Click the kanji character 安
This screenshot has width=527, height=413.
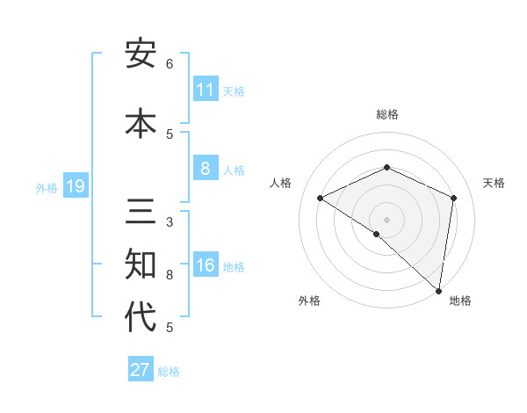[141, 54]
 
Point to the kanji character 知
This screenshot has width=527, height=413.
[141, 264]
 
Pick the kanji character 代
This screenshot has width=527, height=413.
[141, 316]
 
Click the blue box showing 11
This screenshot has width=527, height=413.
[206, 90]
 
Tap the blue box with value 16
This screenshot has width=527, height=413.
[206, 266]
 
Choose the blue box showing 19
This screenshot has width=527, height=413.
[76, 186]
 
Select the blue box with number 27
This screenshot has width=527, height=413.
[141, 370]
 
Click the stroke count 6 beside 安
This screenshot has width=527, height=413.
[170, 64]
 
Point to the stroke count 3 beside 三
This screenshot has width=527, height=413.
[170, 221]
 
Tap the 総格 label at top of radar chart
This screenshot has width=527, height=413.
[387, 114]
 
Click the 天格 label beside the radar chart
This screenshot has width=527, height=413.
[494, 183]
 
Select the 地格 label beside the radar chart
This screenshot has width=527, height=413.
[460, 301]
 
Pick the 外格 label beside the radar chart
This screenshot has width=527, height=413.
[309, 301]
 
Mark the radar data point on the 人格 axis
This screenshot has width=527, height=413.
[321, 198]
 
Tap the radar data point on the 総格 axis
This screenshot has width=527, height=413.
[387, 168]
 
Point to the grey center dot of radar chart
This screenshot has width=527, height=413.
[387, 219]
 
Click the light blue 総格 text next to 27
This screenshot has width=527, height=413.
[169, 372]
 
